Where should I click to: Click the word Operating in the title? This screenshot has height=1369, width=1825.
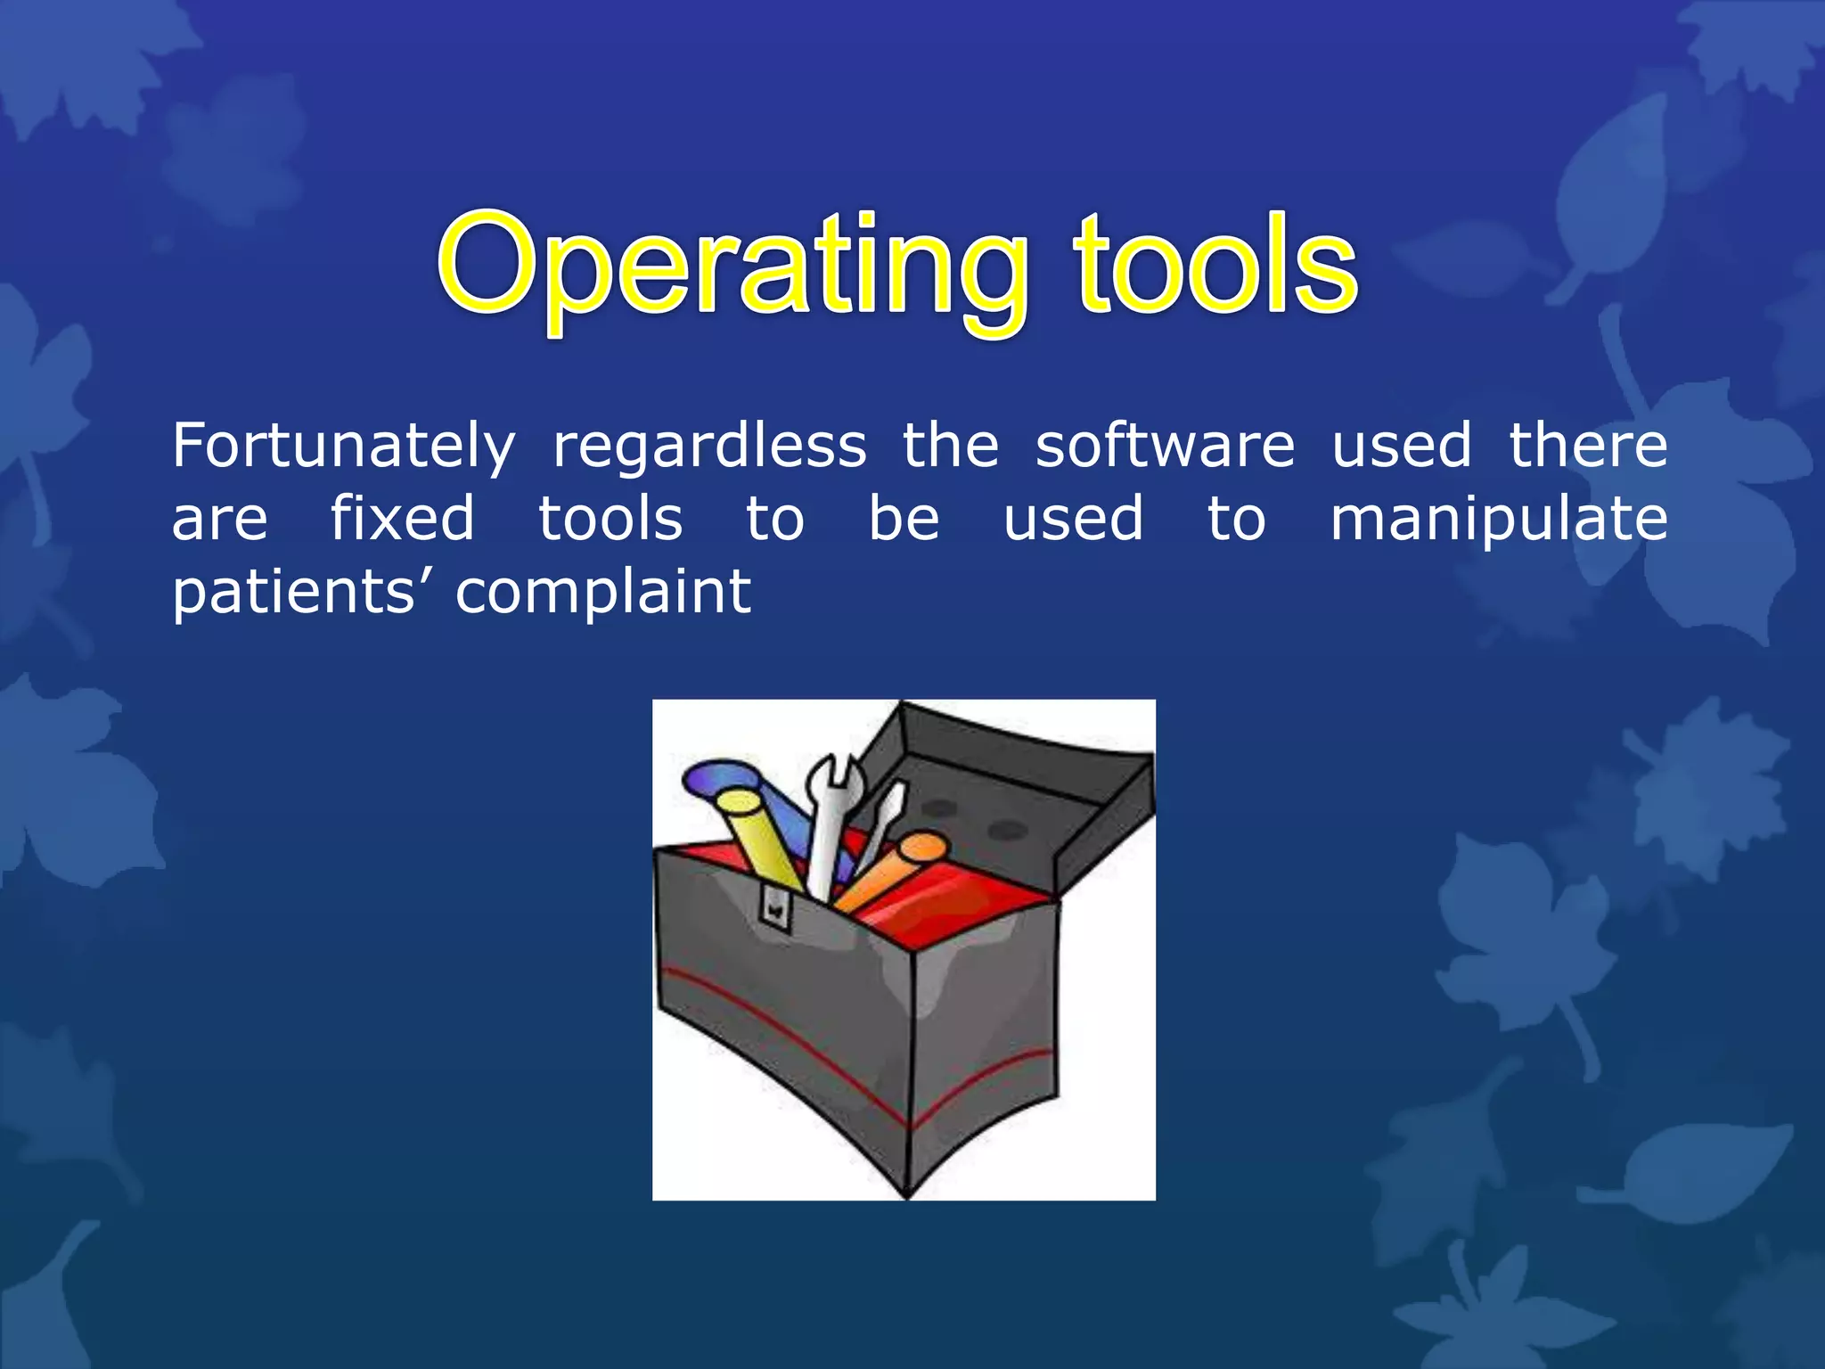point(731,267)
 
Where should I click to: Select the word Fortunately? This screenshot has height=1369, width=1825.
point(343,447)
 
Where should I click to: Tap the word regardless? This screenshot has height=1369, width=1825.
point(709,447)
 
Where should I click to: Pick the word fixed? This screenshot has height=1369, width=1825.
point(402,519)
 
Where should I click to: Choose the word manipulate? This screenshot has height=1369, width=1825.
point(1498,521)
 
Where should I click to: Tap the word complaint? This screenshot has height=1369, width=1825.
point(603,593)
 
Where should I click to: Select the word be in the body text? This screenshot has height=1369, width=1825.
point(903,519)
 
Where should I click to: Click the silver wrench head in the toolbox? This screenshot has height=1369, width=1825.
point(835,780)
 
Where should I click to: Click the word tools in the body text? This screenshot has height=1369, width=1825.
point(610,519)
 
